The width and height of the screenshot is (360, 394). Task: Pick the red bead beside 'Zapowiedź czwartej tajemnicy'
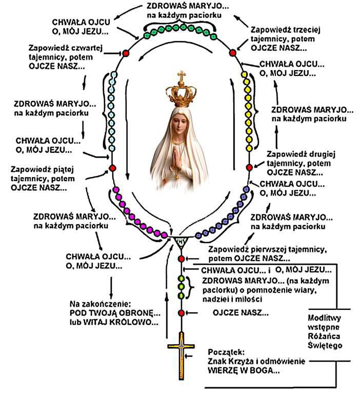point(125,53)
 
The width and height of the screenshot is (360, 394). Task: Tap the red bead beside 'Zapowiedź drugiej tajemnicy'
point(249,167)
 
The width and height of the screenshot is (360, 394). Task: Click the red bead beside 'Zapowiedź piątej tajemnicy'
point(111,168)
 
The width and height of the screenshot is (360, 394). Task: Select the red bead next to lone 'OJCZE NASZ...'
point(181,312)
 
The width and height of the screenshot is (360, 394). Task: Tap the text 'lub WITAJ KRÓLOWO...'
point(114,322)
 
